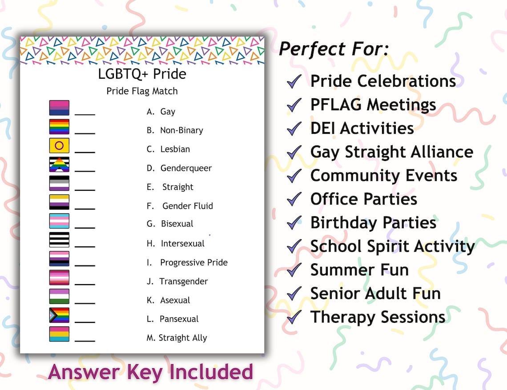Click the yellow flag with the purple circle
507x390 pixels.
click(59, 145)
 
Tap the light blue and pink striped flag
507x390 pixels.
click(59, 221)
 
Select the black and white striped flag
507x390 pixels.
click(59, 240)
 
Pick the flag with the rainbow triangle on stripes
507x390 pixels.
click(59, 165)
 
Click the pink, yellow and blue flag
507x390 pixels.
click(59, 334)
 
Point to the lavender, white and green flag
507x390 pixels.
click(59, 296)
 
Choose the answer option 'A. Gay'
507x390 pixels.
click(161, 112)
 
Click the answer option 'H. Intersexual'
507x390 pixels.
click(176, 244)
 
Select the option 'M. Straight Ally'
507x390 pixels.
click(177, 338)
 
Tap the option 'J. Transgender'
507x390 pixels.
click(177, 281)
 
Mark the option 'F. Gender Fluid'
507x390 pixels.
click(180, 206)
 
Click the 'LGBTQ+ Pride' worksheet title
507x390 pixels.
click(142, 74)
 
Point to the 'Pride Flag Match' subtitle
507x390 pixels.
click(142, 91)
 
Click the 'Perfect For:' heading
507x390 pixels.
click(334, 49)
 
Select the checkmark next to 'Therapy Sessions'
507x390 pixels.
click(294, 318)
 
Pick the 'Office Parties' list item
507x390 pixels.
click(363, 199)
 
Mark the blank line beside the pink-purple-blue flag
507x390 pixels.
click(85, 114)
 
